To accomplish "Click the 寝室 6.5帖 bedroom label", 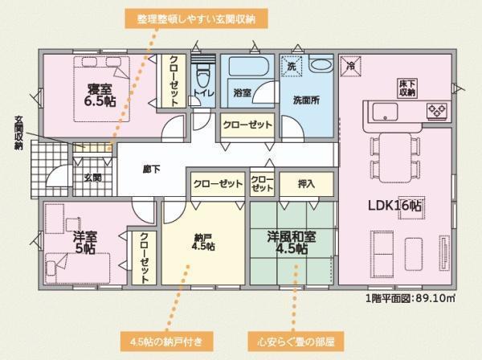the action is coord(100,95).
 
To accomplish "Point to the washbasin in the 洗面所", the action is coord(321,65).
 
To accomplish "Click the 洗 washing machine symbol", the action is coord(292,65).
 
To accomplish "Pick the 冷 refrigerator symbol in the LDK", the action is coord(350,66).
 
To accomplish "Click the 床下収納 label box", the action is coord(407,88).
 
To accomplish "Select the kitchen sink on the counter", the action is coord(385,111).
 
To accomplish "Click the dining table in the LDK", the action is coord(395,157).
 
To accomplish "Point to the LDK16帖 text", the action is coord(394,206).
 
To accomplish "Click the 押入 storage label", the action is coord(306,184).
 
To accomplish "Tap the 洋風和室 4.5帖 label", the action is coord(292,243).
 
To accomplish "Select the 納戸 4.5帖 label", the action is coord(203,242).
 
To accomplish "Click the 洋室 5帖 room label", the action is coord(85,242).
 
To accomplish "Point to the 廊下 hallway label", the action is coord(152,170).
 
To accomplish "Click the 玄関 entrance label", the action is coord(93,178).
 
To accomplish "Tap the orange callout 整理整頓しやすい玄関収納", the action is coord(196,18).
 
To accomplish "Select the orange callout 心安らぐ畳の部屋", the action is coord(296,342).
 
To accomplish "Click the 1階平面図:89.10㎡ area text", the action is coord(411,298).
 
